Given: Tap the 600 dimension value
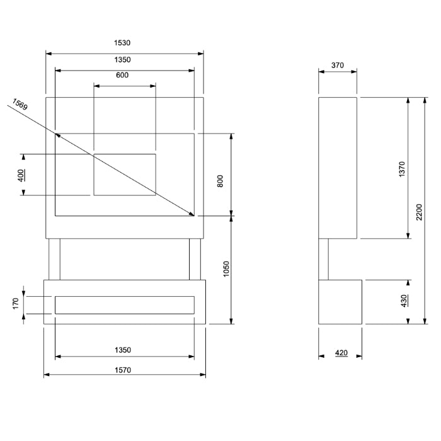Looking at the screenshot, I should coord(122,76).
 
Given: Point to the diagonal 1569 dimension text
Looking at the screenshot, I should coord(19,104).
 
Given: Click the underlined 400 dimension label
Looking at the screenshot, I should coord(21,175).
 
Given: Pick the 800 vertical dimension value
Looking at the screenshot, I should coord(220,181).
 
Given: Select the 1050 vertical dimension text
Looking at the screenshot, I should coord(227,269).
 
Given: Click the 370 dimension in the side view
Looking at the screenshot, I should coord(338,65).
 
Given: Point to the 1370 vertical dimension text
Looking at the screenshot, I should coord(402,169).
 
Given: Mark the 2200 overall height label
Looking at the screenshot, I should coord(419,212).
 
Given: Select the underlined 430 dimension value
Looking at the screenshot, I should coord(404,302).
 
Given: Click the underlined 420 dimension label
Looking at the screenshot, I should coord(341,353).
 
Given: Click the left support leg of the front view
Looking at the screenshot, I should coord(54,259).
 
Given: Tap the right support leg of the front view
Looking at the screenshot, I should coord(195,259).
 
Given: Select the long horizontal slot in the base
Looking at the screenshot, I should coord(125,305).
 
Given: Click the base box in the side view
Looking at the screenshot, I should coord(340,302).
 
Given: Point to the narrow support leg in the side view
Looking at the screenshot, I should coord(324,259).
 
